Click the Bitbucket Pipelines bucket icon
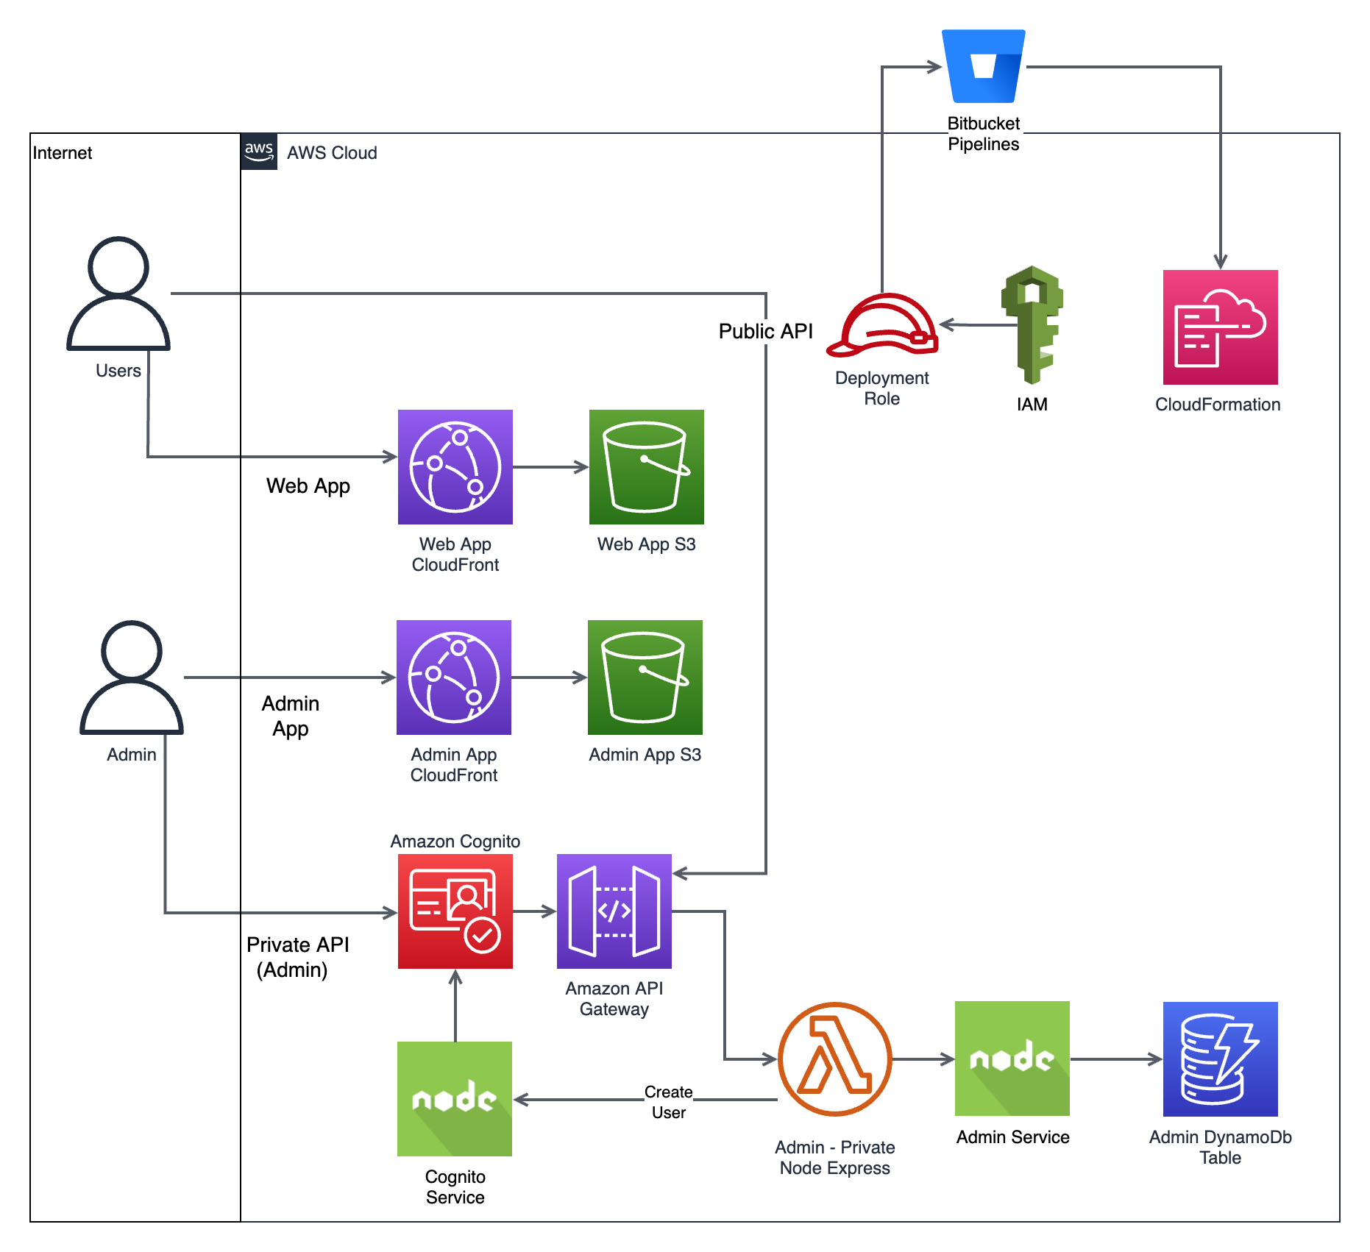pos(984,66)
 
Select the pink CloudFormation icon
pos(1220,327)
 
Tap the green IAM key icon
pos(1032,324)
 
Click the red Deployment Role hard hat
pos(882,325)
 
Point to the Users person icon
pos(118,294)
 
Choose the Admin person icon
pos(132,677)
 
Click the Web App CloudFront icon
pos(455,467)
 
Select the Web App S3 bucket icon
pos(646,467)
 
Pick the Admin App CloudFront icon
pos(453,677)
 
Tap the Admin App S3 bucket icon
pos(645,677)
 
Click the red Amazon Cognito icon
pos(455,911)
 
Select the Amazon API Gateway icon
pos(614,911)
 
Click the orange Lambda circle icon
pos(834,1059)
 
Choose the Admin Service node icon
pos(1012,1059)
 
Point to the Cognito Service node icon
pos(454,1099)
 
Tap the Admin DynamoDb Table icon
pos(1220,1059)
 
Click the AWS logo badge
pos(259,152)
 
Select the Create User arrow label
pos(668,1102)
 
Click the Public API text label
pos(765,331)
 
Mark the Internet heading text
pos(63,153)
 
